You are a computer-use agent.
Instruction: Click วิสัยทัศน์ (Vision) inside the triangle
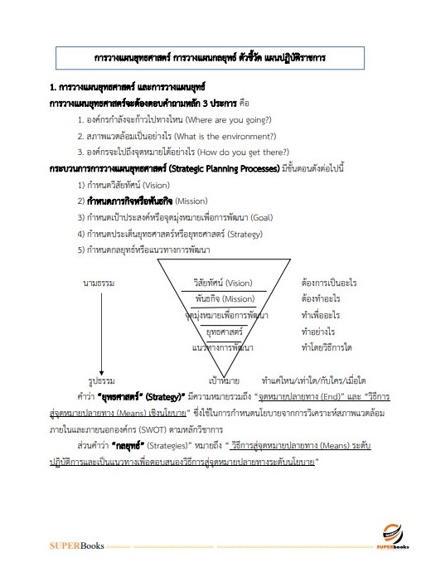pyautogui.click(x=223, y=283)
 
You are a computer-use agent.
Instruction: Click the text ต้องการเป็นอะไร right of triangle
pyautogui.click(x=329, y=283)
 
